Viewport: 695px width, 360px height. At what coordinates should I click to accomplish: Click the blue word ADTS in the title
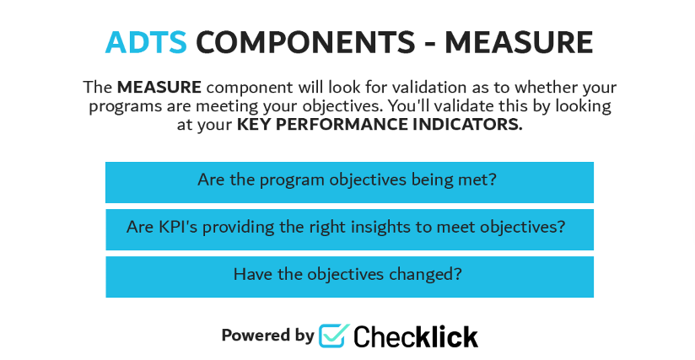146,42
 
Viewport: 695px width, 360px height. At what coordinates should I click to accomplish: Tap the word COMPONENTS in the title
306,42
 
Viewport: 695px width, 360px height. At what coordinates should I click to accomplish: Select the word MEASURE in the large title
519,42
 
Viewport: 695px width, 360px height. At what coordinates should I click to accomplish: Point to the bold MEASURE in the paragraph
159,87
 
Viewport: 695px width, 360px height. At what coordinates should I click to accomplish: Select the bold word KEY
254,125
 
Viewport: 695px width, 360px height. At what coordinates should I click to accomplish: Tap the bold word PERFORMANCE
342,125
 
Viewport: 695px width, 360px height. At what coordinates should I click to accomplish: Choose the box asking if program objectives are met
349,182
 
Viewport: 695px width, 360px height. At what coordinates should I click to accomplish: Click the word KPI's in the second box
178,227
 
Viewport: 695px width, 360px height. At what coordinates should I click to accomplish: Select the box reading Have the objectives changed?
349,277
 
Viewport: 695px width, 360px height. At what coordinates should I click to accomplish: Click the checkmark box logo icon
334,336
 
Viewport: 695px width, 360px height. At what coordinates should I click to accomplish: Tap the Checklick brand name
416,336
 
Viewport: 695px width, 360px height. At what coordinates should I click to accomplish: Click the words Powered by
267,336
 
